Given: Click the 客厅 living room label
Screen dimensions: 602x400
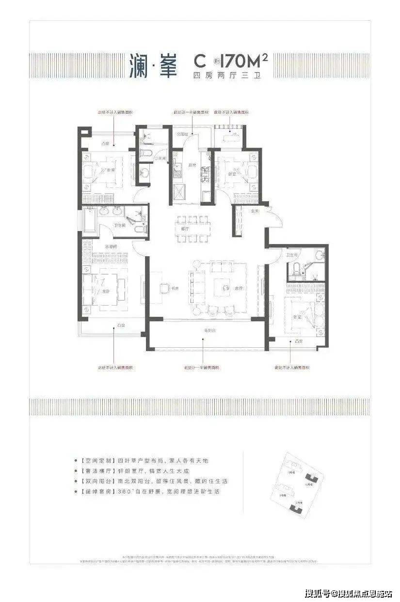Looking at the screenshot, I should [x=238, y=288].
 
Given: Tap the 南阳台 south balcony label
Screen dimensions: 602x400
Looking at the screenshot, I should [x=208, y=330].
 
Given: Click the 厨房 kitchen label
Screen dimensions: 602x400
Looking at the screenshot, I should [x=192, y=166].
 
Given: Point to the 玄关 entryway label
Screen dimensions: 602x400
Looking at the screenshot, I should [x=254, y=211].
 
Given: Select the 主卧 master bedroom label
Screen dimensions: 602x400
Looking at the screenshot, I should [x=106, y=292].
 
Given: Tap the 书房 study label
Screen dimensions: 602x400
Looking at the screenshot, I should [x=175, y=288].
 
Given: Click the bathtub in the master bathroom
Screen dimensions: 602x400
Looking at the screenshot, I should [x=90, y=218].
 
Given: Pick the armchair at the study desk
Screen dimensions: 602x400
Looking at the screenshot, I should [x=164, y=286].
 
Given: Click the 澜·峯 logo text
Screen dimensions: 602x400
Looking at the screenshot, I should [x=153, y=66].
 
